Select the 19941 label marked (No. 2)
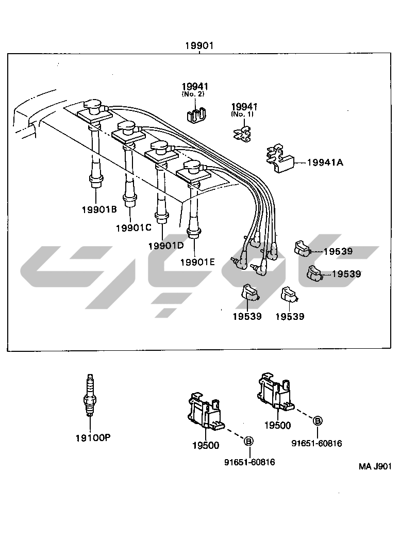pos(195,87)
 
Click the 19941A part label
pos(325,163)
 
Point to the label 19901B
pos(99,209)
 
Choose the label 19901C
pos(133,228)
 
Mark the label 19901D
pos(165,246)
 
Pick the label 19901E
pos(197,262)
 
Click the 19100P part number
pos(93,437)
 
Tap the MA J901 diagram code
pos(375,466)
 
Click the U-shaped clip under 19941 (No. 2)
pos(195,116)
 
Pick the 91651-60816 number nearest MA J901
pos(316,444)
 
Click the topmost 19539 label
pos(338,251)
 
